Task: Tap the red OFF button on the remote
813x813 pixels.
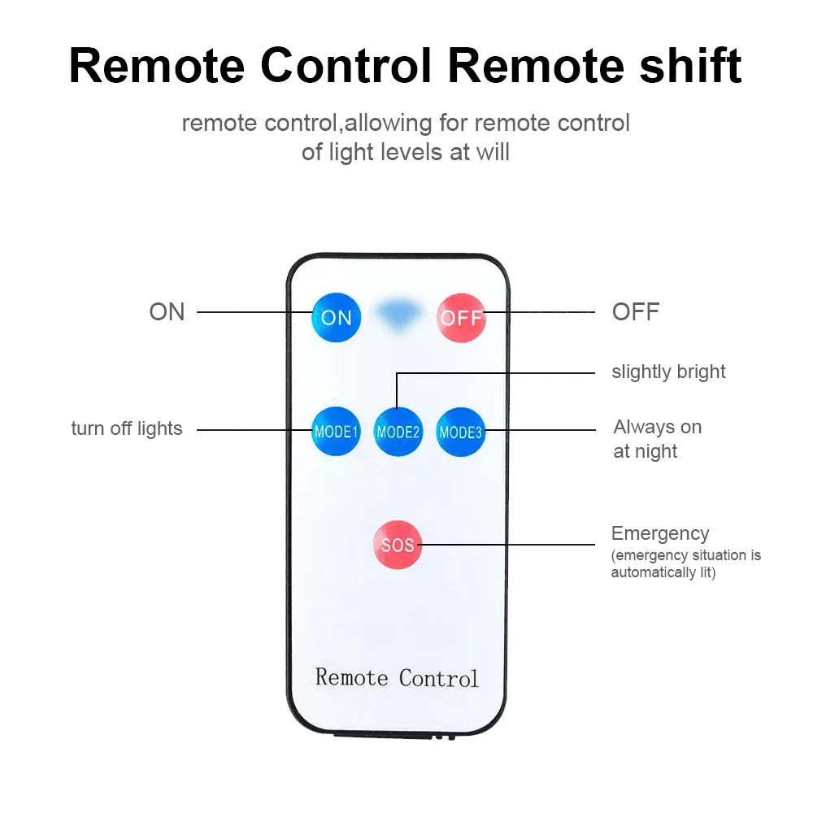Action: [x=461, y=317]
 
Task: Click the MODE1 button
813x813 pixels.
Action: [x=336, y=431]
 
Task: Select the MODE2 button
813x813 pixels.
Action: [x=398, y=432]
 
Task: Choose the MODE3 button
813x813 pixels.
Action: [x=461, y=432]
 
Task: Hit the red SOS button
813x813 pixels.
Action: [x=398, y=545]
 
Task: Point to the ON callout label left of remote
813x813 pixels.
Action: [x=167, y=312]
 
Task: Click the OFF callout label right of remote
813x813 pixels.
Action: [x=635, y=312]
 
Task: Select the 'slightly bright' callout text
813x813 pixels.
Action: [x=668, y=372]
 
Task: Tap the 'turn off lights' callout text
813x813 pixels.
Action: [x=127, y=429]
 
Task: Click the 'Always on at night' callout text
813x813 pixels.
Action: [x=657, y=439]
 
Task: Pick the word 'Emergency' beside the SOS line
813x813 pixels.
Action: [x=660, y=534]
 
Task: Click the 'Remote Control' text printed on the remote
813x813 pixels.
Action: [x=397, y=677]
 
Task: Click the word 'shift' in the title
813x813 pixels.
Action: [x=689, y=67]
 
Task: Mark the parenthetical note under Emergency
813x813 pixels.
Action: [x=685, y=564]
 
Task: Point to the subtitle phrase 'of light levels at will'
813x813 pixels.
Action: [x=406, y=152]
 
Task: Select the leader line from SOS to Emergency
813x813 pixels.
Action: [x=512, y=545]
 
